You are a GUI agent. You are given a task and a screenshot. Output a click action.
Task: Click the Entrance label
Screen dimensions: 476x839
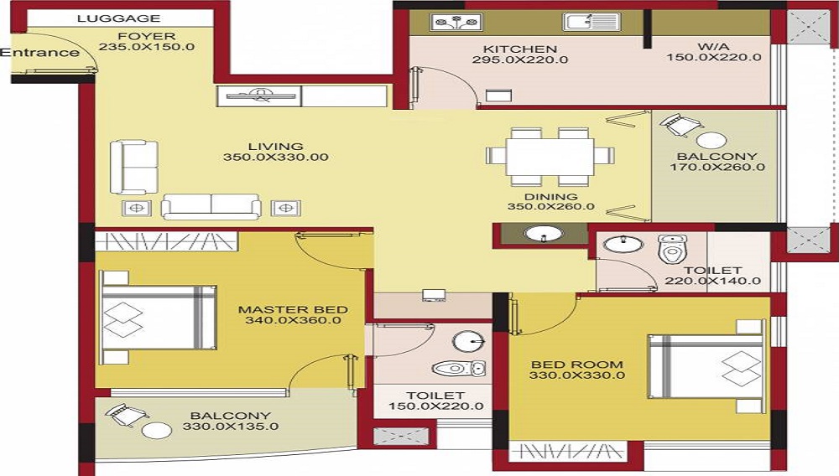click(x=40, y=53)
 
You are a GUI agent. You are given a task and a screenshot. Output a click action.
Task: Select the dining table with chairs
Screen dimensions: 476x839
click(x=550, y=156)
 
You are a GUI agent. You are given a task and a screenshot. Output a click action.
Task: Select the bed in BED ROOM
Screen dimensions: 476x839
click(x=706, y=366)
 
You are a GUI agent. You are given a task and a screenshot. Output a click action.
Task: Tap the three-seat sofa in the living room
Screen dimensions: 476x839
click(x=211, y=207)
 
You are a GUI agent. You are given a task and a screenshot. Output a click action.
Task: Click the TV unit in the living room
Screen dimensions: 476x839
click(x=260, y=96)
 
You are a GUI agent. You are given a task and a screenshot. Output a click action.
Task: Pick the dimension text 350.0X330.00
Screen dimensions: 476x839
click(x=275, y=158)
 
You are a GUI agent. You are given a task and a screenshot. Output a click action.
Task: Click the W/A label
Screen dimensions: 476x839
click(x=714, y=48)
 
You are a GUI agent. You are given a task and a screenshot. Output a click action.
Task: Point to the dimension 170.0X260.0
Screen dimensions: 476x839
click(x=717, y=168)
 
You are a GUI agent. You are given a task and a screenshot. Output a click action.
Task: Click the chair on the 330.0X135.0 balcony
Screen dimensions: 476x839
click(x=126, y=415)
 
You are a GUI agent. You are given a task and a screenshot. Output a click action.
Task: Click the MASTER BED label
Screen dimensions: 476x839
click(x=293, y=309)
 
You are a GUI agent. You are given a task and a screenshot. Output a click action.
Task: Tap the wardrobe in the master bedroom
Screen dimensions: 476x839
click(x=166, y=241)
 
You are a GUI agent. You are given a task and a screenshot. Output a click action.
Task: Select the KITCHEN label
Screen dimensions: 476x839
click(x=520, y=49)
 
